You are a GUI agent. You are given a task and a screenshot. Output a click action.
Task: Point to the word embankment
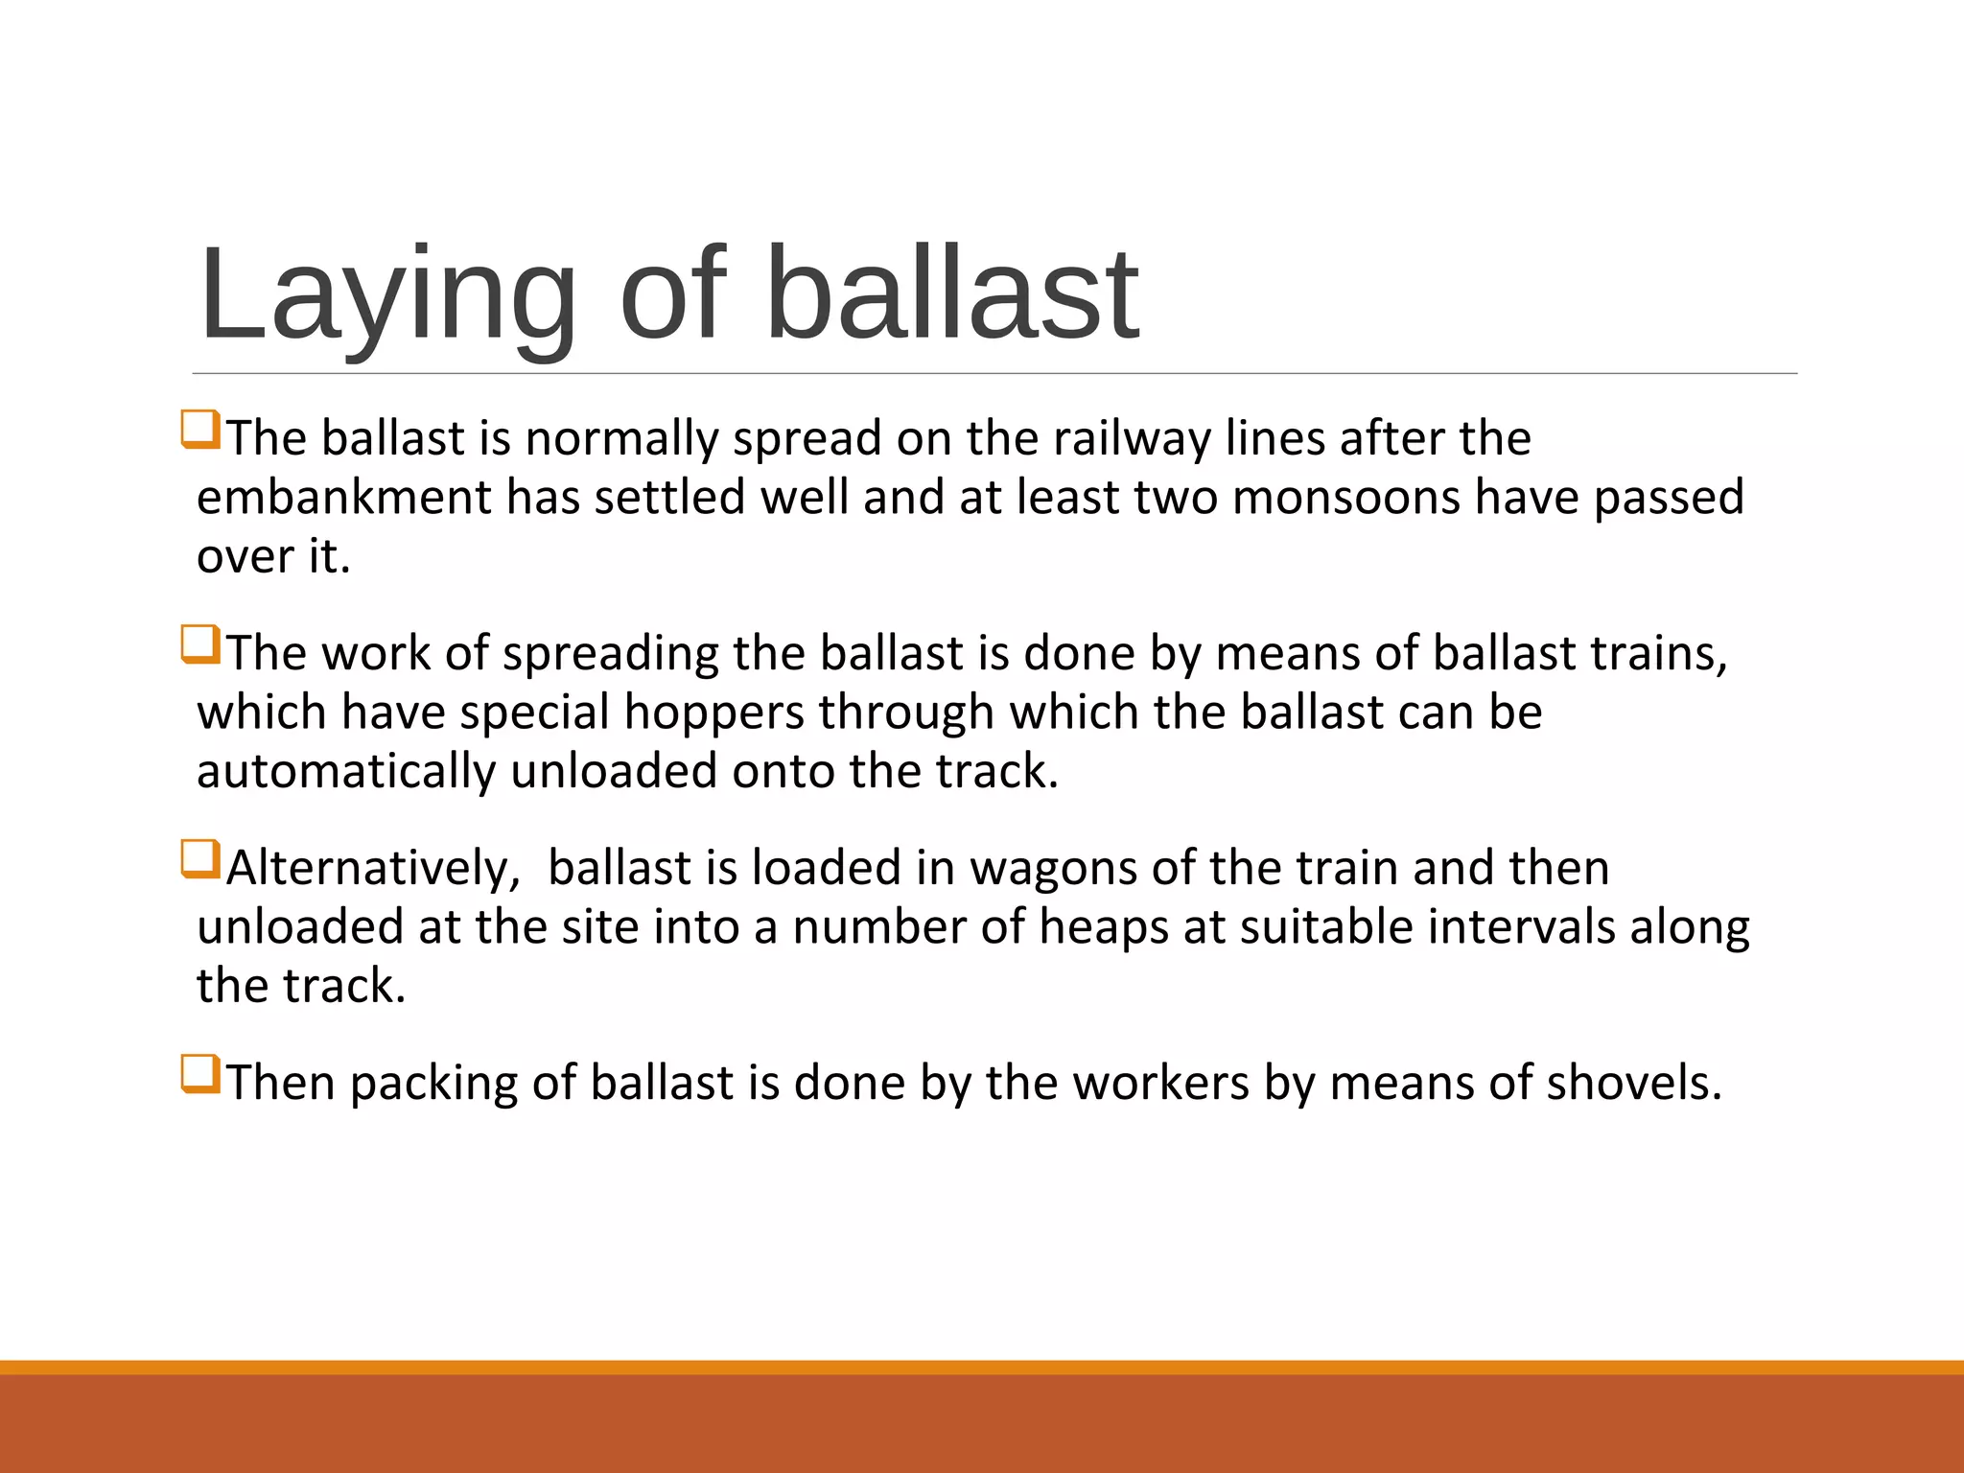coord(343,498)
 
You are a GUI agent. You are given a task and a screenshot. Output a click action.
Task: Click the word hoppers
coord(713,713)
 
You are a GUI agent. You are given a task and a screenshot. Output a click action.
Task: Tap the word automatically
coord(345,772)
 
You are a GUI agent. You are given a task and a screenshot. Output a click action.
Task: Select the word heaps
coord(1103,928)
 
